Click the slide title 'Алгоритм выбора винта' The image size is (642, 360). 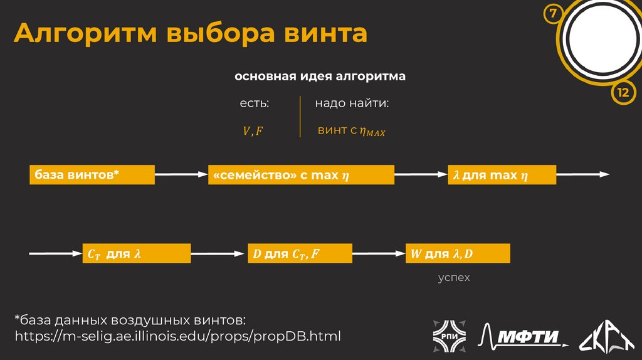pyautogui.click(x=191, y=33)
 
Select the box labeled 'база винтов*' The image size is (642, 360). pyautogui.click(x=92, y=175)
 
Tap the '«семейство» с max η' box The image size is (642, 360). pyautogui.click(x=301, y=175)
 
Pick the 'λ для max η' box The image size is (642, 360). pyautogui.click(x=502, y=175)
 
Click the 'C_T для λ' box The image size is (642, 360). pyautogui.click(x=136, y=254)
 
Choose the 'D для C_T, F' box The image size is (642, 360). pyautogui.click(x=300, y=254)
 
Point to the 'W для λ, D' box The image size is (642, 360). pyautogui.click(x=458, y=254)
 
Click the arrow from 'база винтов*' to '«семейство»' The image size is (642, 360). pyautogui.click(x=181, y=175)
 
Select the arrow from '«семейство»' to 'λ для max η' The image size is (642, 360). pyautogui.click(x=421, y=175)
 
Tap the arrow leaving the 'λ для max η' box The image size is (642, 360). pyautogui.click(x=582, y=175)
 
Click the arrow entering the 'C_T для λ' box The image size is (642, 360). pyautogui.click(x=56, y=254)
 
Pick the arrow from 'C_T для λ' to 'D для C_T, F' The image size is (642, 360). pyautogui.click(x=218, y=254)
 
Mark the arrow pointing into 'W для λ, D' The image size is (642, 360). pyautogui.click(x=379, y=254)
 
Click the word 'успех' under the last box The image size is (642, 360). pyautogui.click(x=453, y=277)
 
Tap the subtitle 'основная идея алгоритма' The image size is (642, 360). pyautogui.click(x=320, y=77)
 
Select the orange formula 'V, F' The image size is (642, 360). pyautogui.click(x=253, y=131)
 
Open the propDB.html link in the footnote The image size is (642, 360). pyautogui.click(x=177, y=336)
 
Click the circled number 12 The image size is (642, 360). pyautogui.click(x=623, y=93)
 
